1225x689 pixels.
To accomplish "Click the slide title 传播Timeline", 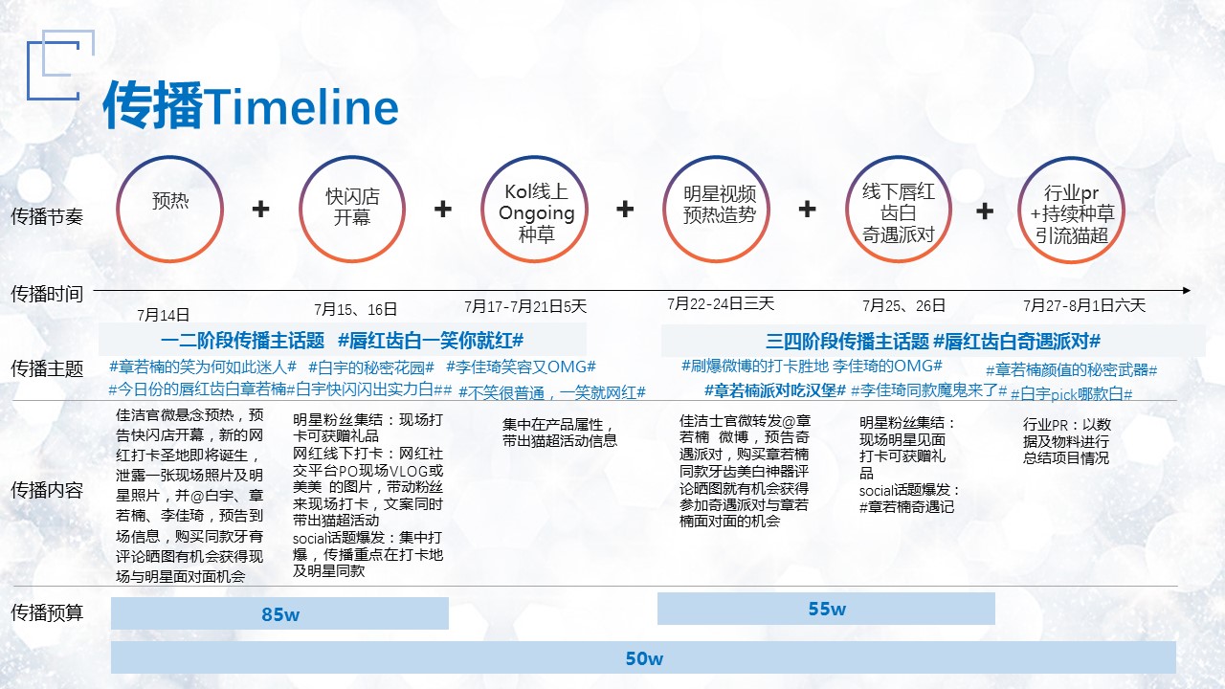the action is pyautogui.click(x=251, y=105).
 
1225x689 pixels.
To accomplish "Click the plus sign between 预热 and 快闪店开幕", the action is pyautogui.click(x=261, y=209).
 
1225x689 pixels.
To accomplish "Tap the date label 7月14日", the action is pyautogui.click(x=163, y=315).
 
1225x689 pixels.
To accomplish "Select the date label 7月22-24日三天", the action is pyautogui.click(x=721, y=303).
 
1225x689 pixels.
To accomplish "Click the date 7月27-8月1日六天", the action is pyautogui.click(x=1084, y=305).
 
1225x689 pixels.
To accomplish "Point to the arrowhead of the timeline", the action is pyautogui.click(x=1187, y=290).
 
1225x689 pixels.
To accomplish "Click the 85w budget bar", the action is pyautogui.click(x=279, y=613).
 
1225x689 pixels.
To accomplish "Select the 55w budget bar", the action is pyautogui.click(x=826, y=609).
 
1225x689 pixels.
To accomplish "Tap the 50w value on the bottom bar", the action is pyautogui.click(x=644, y=658).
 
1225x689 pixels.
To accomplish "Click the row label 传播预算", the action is pyautogui.click(x=47, y=612).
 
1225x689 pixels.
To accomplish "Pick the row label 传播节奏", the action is pyautogui.click(x=47, y=216).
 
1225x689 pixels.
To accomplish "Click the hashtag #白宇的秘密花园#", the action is pyautogui.click(x=371, y=367).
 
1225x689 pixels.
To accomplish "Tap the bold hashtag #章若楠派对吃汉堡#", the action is pyautogui.click(x=775, y=390).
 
